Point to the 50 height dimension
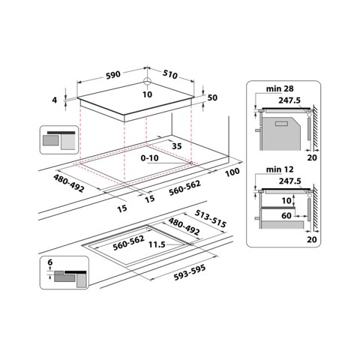(x=211, y=98)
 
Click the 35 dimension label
(x=177, y=146)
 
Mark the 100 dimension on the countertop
(x=231, y=173)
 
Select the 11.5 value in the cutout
(x=157, y=244)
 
